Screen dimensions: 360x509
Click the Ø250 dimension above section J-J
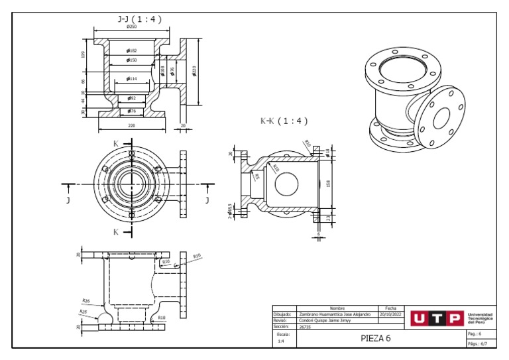(x=132, y=27)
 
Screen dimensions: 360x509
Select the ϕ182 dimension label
(x=132, y=50)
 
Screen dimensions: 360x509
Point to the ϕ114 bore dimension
(x=132, y=79)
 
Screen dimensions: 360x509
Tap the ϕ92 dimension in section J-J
(x=131, y=98)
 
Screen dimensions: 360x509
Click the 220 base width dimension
(x=131, y=125)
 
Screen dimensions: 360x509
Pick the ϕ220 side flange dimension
(x=195, y=71)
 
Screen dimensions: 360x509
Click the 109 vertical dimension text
(x=82, y=54)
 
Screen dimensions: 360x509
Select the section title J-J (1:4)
(x=139, y=19)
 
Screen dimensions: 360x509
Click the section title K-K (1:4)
(x=284, y=121)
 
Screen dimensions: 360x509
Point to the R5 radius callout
(x=257, y=177)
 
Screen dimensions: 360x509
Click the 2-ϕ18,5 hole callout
(x=229, y=211)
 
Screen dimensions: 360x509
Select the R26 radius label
(x=86, y=300)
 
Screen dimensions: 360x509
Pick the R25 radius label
(x=83, y=311)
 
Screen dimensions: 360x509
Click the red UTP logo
(x=436, y=318)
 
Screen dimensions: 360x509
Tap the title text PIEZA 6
(x=376, y=338)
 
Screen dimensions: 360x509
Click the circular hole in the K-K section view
(x=286, y=184)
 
